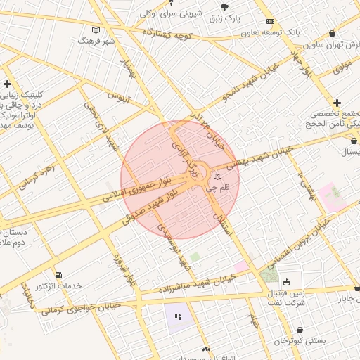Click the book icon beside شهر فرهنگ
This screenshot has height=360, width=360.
[96, 30]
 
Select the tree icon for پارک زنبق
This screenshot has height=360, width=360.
[254, 6]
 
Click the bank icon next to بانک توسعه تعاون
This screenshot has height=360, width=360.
[270, 22]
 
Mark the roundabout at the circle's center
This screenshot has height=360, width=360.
[197, 172]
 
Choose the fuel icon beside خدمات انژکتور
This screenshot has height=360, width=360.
[58, 275]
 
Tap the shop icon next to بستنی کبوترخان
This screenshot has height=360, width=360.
[300, 330]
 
